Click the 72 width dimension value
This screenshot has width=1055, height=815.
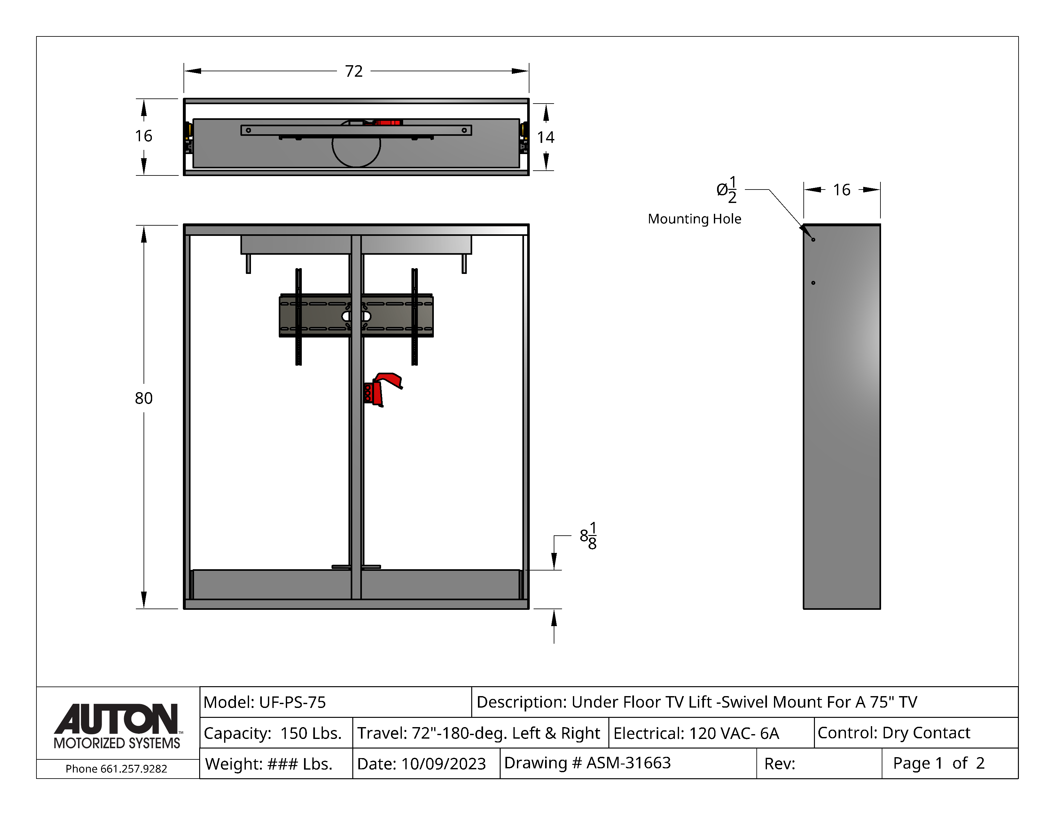[354, 72]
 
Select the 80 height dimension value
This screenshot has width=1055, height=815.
[144, 398]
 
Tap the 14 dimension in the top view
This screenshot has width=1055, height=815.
[546, 138]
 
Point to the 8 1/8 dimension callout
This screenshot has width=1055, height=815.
[588, 536]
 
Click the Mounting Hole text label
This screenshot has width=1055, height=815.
[694, 219]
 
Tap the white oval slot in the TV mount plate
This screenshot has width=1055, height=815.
[356, 316]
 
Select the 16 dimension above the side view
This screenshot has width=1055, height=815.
[841, 190]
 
